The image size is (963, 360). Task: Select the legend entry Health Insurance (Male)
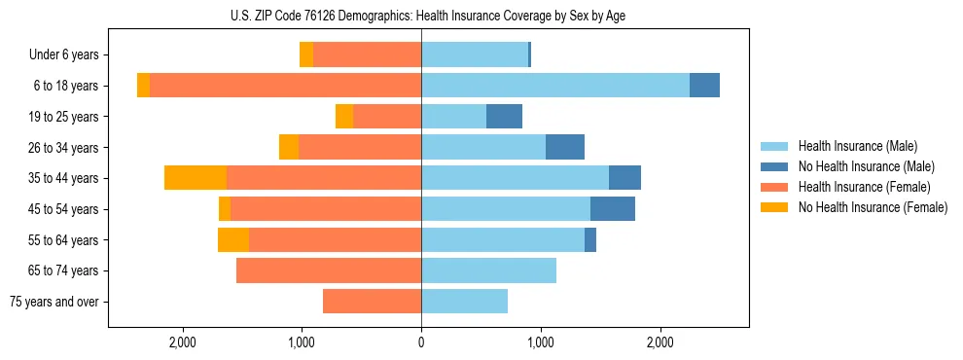(857, 146)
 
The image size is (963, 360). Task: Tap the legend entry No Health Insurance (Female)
(873, 207)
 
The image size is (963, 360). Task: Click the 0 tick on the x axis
(421, 342)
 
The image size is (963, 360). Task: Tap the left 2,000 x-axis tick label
(183, 342)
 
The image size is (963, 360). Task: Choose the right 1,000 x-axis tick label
(540, 342)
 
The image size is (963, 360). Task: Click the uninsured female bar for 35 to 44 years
(196, 178)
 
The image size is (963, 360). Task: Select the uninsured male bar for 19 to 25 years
(504, 117)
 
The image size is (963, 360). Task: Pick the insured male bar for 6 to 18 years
(554, 86)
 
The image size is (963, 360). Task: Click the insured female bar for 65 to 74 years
(329, 270)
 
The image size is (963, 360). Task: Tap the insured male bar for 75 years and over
(464, 302)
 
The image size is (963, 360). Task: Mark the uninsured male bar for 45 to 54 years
(613, 209)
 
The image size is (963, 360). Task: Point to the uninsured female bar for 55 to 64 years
(233, 240)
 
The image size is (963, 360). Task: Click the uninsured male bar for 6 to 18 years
(704, 86)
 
